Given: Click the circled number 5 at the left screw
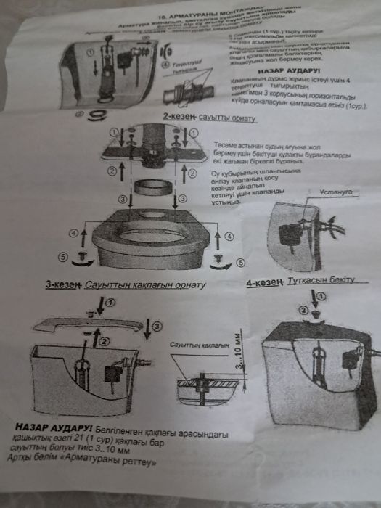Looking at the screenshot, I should click(x=62, y=256).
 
